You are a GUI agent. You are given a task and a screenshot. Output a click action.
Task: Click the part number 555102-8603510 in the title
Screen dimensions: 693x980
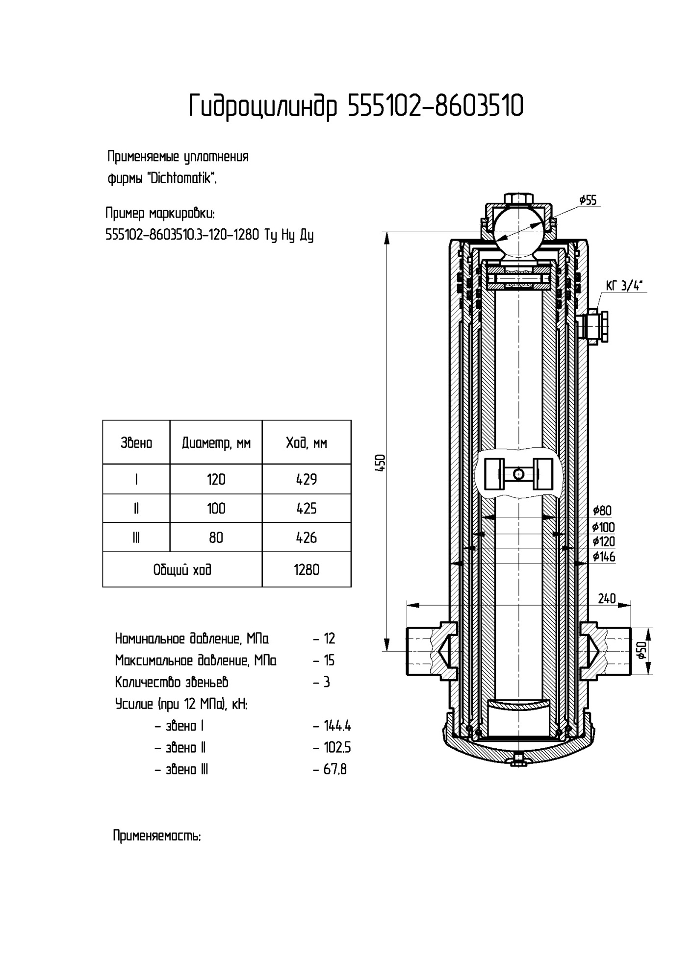(x=435, y=106)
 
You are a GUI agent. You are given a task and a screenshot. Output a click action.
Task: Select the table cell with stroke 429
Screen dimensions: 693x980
(x=307, y=479)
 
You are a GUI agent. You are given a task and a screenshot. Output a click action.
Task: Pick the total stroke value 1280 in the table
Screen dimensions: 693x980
(x=307, y=569)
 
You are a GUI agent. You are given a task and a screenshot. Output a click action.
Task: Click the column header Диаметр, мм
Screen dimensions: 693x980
(x=216, y=443)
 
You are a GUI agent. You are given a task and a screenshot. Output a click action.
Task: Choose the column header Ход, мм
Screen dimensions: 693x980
(x=307, y=443)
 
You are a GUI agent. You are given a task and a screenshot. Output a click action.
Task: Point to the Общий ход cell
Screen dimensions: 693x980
(x=182, y=569)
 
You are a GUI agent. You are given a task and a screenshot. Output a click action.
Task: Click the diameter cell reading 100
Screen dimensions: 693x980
(x=216, y=508)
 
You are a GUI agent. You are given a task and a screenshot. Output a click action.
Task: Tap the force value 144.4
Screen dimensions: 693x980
(x=337, y=726)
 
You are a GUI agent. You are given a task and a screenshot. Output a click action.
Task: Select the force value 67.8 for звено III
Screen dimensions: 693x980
(x=335, y=769)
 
